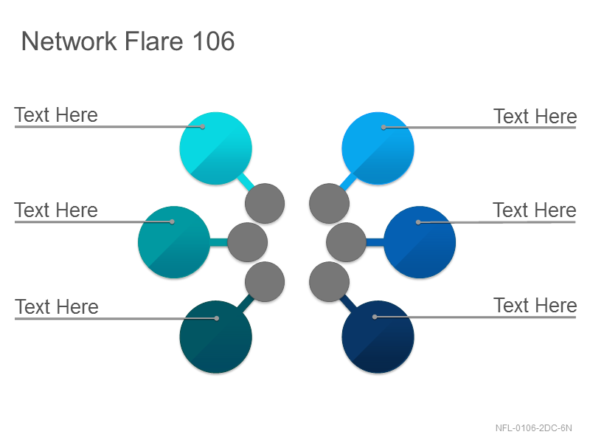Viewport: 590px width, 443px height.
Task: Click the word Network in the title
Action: [x=69, y=41]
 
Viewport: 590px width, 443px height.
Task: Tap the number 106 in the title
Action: [x=214, y=41]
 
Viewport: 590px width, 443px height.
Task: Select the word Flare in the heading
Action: [x=154, y=41]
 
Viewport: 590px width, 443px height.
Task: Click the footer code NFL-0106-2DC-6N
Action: [x=533, y=428]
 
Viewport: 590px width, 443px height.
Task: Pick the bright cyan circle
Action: [x=215, y=148]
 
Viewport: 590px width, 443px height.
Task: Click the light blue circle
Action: [x=378, y=148]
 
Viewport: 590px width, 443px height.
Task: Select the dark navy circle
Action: [x=378, y=337]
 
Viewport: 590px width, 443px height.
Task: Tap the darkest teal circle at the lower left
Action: [x=215, y=337]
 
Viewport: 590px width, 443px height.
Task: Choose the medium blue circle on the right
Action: [x=420, y=242]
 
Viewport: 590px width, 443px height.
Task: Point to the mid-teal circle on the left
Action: [x=174, y=242]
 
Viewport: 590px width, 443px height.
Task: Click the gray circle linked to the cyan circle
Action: [x=265, y=204]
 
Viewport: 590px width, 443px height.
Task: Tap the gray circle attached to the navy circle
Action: [x=329, y=282]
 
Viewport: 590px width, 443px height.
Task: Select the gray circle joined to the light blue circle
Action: [x=329, y=204]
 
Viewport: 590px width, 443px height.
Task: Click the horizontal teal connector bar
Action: [x=218, y=242]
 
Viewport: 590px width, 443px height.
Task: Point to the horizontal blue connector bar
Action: [x=375, y=242]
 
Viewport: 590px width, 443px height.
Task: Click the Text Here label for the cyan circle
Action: [x=56, y=115]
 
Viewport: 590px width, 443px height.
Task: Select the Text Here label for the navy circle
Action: [x=535, y=305]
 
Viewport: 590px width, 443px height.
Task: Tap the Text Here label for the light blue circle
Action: [x=535, y=116]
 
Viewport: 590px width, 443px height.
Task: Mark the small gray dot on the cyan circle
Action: [x=202, y=126]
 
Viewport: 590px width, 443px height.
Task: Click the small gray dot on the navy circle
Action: [x=375, y=317]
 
